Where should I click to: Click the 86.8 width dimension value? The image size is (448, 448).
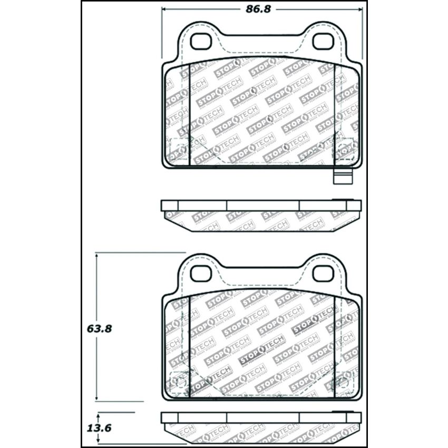pos(261,9)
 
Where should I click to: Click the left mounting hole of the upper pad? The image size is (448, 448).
pos(200,41)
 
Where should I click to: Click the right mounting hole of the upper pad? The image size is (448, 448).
pos(323,41)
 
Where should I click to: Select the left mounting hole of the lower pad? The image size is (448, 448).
pos(200,273)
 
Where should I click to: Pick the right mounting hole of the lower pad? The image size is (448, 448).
pos(323,273)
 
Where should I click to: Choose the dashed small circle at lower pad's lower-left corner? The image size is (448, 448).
pos(177,381)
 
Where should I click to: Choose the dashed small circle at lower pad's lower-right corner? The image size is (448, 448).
pos(347,381)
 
